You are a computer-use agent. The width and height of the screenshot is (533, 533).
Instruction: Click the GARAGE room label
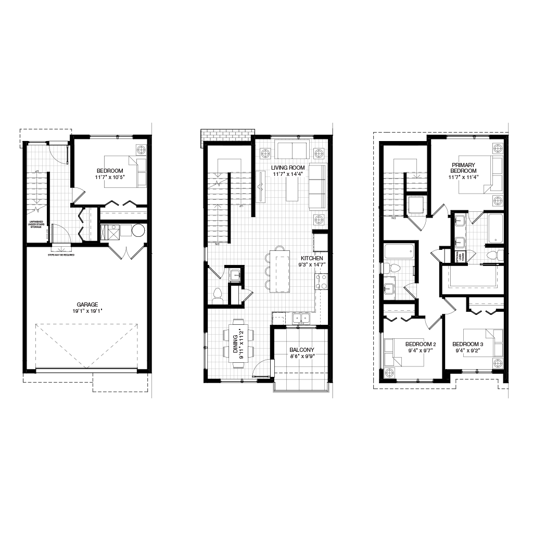coord(87,305)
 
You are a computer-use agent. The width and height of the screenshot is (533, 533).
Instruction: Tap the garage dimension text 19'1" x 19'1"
coord(87,311)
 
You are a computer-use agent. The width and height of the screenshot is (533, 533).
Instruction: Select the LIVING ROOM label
coord(288,168)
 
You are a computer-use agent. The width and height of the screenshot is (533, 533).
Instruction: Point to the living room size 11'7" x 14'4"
coord(288,174)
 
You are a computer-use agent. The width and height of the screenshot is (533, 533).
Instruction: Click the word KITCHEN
coord(312,259)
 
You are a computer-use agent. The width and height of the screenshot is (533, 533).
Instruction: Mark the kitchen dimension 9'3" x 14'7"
coord(312,265)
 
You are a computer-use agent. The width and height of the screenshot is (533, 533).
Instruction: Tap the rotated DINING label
coord(235,344)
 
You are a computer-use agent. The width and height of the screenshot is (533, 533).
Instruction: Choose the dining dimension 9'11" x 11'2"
coord(242,344)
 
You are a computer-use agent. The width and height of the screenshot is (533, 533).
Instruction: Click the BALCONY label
coord(302,350)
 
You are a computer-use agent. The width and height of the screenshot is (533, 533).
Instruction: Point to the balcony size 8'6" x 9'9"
coord(302,357)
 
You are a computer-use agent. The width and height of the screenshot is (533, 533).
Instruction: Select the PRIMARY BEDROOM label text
coord(463,168)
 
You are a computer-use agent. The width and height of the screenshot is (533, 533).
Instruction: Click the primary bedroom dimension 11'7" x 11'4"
coord(463,177)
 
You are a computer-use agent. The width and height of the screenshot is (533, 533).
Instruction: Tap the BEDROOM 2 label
coord(421,345)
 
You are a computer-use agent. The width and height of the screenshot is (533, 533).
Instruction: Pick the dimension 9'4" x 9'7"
coord(421,351)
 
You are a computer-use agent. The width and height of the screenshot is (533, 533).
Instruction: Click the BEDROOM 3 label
coord(468,345)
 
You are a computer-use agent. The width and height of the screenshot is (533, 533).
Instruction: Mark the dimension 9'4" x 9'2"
coord(468,351)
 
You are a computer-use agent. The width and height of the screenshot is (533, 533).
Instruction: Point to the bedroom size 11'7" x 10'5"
coord(110,177)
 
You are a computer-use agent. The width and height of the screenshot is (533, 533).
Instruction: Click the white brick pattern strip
coord(227,135)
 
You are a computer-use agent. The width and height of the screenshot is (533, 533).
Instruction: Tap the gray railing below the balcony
coord(301,391)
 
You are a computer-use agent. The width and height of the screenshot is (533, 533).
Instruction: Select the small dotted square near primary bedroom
coord(416,205)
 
